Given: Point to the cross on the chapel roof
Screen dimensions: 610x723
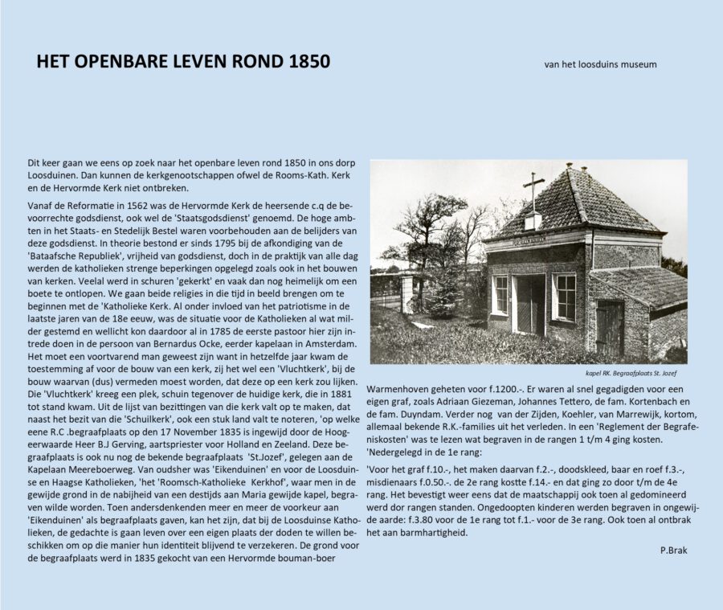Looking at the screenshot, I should tap(532, 188).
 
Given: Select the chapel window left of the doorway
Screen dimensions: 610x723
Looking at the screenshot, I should tap(500, 294).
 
